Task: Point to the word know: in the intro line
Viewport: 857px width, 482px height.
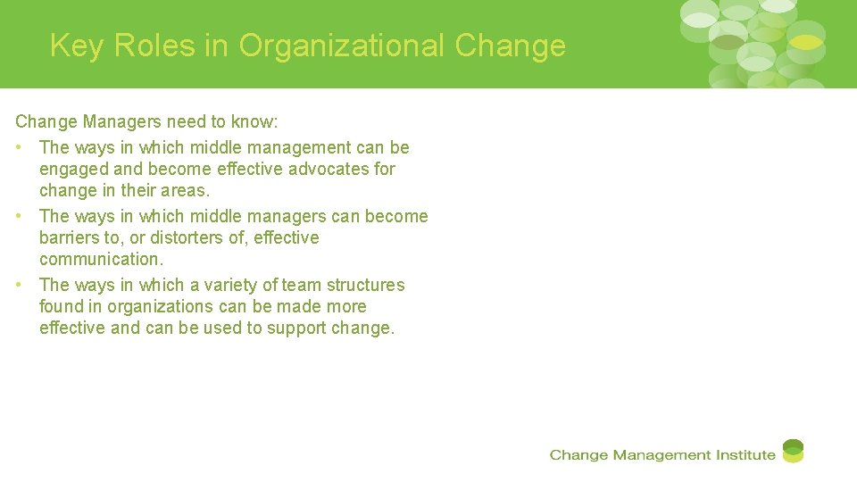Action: pyautogui.click(x=254, y=121)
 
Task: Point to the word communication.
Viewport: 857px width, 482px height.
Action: pyautogui.click(x=101, y=259)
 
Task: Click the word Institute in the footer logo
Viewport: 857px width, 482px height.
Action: pyautogui.click(x=745, y=455)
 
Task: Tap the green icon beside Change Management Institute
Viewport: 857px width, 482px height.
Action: pyautogui.click(x=793, y=451)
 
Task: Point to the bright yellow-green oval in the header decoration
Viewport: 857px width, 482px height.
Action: pyautogui.click(x=806, y=42)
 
